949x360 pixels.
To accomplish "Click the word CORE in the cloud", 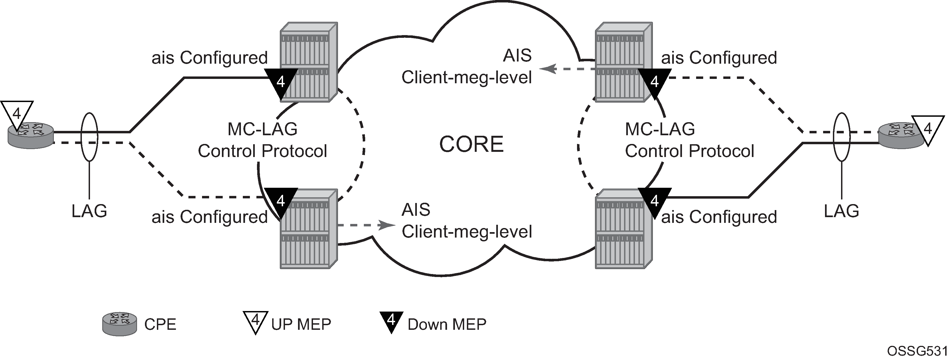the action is tap(471, 144).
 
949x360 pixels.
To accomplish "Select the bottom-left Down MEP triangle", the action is tap(281, 202).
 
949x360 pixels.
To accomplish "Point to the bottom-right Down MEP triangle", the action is tap(655, 202).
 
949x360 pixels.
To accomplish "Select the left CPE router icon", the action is tap(31, 136).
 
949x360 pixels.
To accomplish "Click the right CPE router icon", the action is tap(902, 136).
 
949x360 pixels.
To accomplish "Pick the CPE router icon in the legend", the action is tap(120, 324).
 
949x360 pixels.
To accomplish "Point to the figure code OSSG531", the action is tap(917, 351).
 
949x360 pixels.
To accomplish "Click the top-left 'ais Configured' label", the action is tap(210, 58).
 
